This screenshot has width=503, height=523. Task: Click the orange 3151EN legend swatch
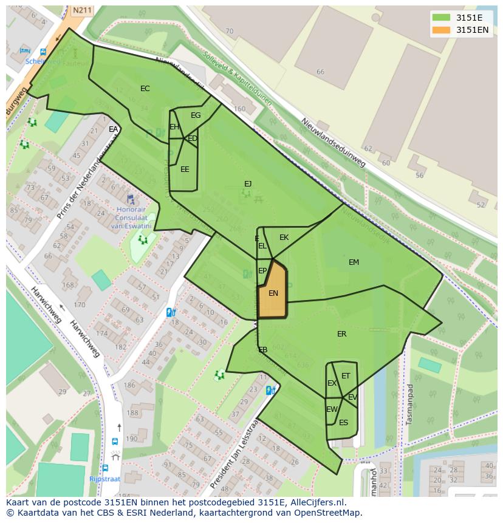(442, 30)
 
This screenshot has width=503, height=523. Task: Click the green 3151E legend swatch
(442, 18)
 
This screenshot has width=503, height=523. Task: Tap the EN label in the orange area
(273, 293)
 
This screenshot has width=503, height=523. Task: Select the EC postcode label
(145, 89)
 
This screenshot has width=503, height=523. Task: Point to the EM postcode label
(354, 262)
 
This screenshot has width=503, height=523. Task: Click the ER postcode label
(341, 334)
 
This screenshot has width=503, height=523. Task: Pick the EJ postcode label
(248, 183)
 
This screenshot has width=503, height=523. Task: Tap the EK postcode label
(284, 238)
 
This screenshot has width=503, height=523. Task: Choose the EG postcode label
(196, 115)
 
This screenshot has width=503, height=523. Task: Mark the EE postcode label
(185, 169)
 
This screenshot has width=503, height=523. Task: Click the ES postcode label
(343, 423)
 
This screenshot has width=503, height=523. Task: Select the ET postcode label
(346, 376)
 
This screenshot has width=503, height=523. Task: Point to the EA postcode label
(113, 129)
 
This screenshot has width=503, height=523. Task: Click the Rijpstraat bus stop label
(104, 479)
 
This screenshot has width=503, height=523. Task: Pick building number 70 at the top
(229, 31)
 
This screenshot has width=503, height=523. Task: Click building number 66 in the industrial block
(320, 72)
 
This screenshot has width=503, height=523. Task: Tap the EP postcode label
(262, 271)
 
